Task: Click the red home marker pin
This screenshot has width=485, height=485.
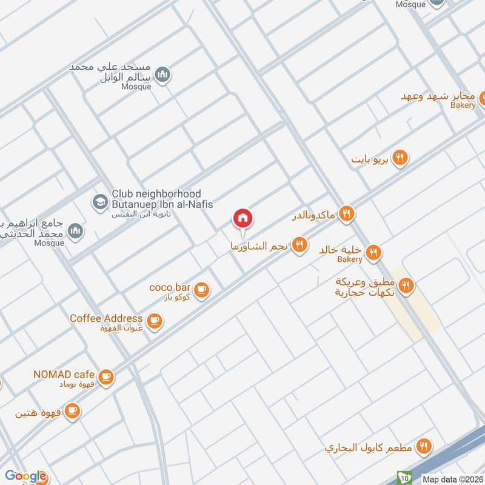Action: [243, 218]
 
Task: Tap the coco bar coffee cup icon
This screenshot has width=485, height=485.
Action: [202, 290]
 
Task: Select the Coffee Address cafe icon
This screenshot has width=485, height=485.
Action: [155, 321]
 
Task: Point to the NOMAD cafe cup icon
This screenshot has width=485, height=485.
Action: [106, 377]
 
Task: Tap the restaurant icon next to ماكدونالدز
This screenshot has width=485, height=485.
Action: [347, 213]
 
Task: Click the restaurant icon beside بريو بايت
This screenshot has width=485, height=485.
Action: [399, 158]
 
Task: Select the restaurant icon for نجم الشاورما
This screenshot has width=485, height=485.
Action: [298, 245]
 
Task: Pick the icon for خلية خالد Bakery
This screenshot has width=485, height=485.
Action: [373, 252]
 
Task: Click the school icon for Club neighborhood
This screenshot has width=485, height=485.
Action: [98, 200]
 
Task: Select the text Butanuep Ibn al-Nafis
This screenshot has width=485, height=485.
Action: [162, 204]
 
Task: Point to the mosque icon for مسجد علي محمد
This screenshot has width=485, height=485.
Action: [162, 75]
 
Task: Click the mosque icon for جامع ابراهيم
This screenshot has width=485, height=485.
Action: [75, 230]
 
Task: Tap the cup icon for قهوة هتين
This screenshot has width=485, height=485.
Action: [72, 412]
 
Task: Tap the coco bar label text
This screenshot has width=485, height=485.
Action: [170, 287]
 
